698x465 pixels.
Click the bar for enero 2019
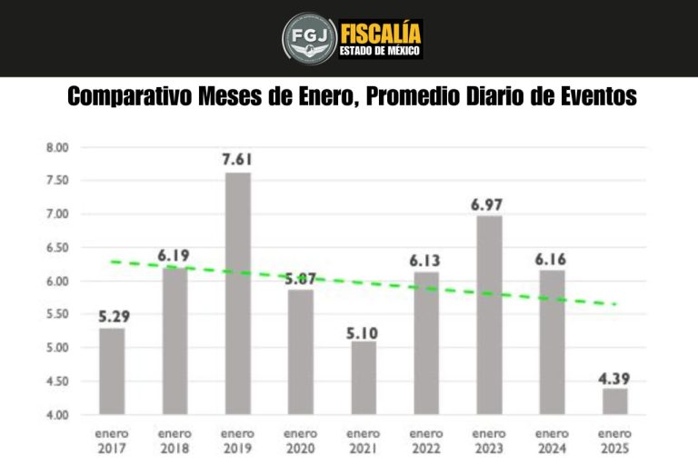237,292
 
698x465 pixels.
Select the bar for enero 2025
614,401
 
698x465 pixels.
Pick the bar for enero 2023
489,314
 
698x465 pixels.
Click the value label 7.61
237,160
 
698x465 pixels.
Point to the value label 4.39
614,376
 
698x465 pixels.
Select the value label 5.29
112,315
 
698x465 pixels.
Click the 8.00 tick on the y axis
57,147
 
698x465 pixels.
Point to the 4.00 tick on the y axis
57,415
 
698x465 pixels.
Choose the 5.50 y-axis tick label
57,314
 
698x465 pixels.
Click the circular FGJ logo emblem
308,38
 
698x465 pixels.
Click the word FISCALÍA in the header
381,33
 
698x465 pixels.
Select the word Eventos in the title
592,97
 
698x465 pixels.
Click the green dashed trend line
364,282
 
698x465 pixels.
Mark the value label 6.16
552,258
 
